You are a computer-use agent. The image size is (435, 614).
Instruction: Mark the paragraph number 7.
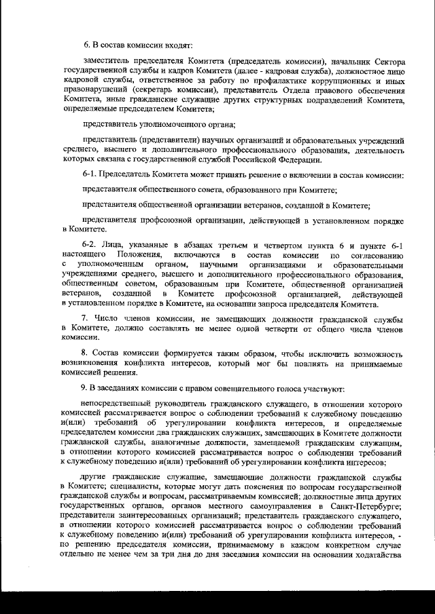tap(86, 318)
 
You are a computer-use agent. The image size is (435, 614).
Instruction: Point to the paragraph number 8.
tap(86, 353)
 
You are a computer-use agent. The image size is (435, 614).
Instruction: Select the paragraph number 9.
tap(86, 388)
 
